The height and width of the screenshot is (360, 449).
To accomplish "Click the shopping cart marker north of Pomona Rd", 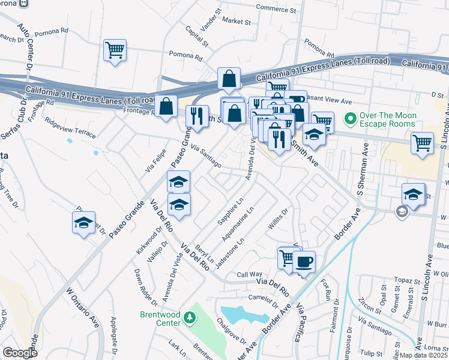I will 115,50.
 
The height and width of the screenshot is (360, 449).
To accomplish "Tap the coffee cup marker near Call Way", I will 304,261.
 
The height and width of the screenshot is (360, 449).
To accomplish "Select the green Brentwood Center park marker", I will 190,316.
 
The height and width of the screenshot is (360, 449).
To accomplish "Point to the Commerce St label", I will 276,10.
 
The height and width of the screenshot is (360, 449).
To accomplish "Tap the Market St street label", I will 236,20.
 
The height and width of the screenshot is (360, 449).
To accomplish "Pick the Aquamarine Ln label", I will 238,223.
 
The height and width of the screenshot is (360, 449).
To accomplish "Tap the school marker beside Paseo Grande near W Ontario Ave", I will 84,223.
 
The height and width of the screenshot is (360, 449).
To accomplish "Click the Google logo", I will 19,353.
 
